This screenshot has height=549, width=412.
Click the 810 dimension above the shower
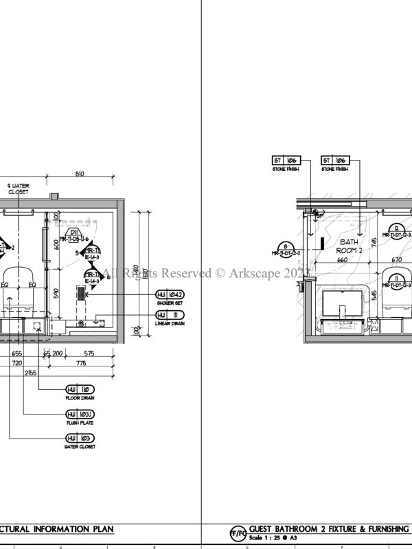[79, 175]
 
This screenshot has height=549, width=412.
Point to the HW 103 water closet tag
[80, 437]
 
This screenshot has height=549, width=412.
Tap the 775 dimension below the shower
[81, 362]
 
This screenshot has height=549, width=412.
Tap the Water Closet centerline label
[19, 189]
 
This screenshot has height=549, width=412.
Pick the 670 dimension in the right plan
[396, 260]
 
